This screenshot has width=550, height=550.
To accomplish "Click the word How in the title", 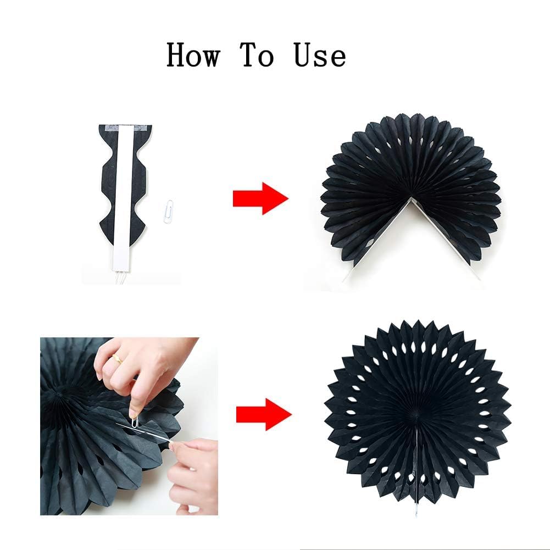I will tap(193, 55).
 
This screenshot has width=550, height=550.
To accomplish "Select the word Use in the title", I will tap(320, 55).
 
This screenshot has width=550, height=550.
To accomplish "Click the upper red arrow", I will tap(260, 198).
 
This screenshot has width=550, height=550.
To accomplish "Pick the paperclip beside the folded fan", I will tap(169, 211).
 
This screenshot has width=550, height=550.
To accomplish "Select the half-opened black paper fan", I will tap(411, 165).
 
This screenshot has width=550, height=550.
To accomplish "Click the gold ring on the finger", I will tap(118, 360).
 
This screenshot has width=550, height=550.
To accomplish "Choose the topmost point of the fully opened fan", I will tap(418, 321).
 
